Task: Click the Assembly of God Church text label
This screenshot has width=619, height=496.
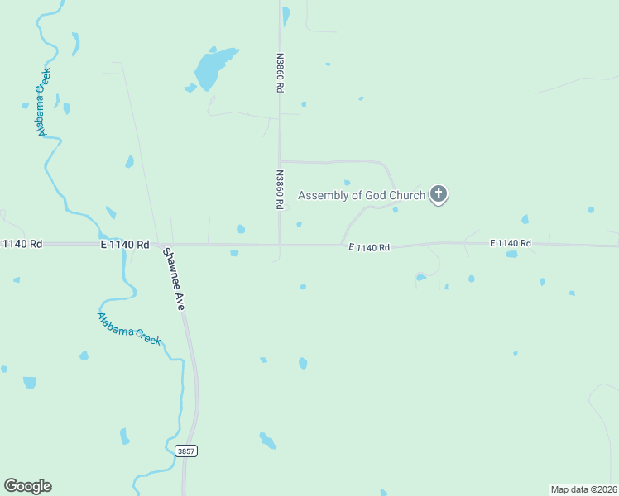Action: click(x=361, y=196)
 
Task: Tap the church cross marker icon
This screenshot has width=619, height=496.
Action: click(x=439, y=195)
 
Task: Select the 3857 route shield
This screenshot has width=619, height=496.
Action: click(x=186, y=451)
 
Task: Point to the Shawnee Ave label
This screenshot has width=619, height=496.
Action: click(x=174, y=279)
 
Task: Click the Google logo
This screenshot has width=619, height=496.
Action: click(x=27, y=486)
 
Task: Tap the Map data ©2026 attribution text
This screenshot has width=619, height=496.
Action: click(x=583, y=489)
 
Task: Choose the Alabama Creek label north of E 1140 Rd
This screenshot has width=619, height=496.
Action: click(x=42, y=101)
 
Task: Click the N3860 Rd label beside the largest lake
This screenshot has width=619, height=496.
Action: click(x=280, y=73)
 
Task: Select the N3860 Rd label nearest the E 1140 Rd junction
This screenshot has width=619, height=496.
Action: click(x=280, y=189)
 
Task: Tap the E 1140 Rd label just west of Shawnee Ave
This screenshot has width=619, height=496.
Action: click(x=125, y=245)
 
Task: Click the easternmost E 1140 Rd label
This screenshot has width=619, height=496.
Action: click(x=510, y=243)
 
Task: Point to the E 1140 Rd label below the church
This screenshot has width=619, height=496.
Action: click(x=369, y=247)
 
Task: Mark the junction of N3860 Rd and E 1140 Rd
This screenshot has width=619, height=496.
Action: click(x=280, y=245)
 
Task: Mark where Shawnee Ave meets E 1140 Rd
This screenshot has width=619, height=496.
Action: click(x=158, y=245)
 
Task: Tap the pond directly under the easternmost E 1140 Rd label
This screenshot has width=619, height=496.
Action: click(x=511, y=254)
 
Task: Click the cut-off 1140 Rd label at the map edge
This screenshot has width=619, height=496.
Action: click(x=22, y=244)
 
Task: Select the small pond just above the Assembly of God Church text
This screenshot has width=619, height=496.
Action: click(x=347, y=183)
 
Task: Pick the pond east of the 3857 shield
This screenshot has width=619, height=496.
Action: click(x=267, y=440)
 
